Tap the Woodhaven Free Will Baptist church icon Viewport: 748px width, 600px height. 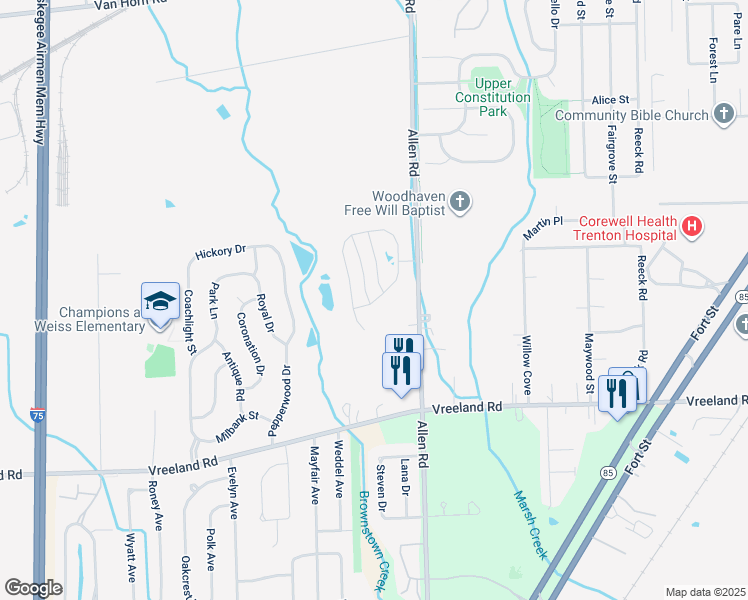[460, 203]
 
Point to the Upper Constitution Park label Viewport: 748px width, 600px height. [492, 98]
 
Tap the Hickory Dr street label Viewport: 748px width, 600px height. [221, 250]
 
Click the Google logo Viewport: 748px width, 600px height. [33, 588]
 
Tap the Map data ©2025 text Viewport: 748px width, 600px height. [704, 592]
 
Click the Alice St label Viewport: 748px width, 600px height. [609, 100]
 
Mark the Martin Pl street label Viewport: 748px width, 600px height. [543, 227]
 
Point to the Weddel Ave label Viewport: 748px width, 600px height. [339, 470]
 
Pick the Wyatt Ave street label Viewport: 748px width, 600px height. [130, 559]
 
